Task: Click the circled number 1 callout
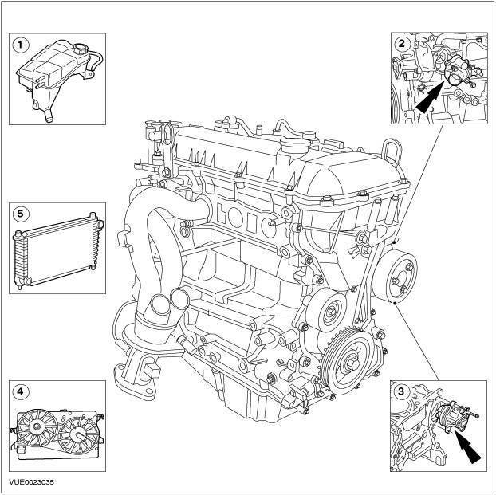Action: (20, 44)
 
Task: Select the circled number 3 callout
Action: (400, 391)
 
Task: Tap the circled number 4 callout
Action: (20, 391)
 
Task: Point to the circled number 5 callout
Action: (20, 213)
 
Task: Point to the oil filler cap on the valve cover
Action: (296, 147)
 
